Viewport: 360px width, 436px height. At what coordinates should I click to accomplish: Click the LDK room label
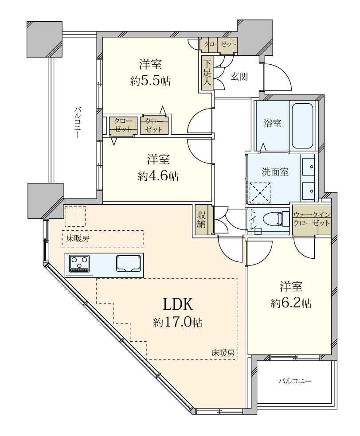coord(177,304)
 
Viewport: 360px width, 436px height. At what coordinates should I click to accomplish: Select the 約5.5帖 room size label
coord(150,81)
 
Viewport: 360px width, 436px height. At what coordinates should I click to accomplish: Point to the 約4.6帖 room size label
coord(158,176)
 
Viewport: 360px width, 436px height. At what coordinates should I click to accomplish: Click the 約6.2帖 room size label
coord(291,303)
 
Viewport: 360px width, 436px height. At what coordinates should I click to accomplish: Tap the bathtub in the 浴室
coord(303,125)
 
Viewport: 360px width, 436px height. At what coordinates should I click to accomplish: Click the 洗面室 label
coord(275,171)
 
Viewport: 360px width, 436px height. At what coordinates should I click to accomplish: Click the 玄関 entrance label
coord(239,76)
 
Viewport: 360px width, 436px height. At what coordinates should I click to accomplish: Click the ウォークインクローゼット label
coord(312,219)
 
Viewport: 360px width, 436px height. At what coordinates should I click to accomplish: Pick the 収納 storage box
coord(202,219)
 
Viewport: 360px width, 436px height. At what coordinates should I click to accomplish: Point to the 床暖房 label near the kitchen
coord(78,238)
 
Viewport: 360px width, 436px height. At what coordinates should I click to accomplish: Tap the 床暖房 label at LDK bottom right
coord(223,353)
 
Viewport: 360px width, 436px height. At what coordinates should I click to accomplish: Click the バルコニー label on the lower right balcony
coord(295,381)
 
